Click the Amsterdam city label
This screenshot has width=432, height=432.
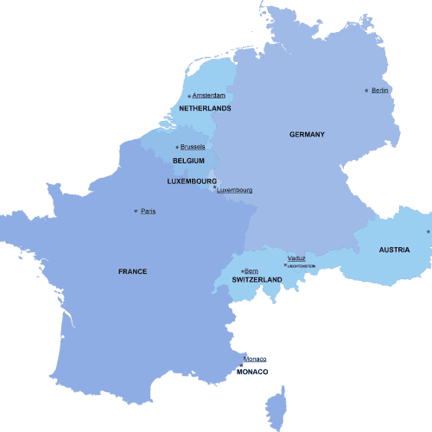208,95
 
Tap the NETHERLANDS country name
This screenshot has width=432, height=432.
205,108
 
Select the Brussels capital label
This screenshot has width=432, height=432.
193,147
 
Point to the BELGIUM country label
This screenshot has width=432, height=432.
188,161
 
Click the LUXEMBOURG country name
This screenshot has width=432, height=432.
191,181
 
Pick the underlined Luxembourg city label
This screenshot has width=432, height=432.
234,189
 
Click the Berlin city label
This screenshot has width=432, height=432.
380,90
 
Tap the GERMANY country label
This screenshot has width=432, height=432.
307,134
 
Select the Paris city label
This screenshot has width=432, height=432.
149,211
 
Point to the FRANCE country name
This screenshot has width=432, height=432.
132,271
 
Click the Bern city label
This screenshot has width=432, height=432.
251,270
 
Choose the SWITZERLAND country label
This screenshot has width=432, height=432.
257,281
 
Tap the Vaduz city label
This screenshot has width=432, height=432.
296,258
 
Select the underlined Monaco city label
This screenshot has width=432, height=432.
255,359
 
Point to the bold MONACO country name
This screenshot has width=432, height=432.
252,372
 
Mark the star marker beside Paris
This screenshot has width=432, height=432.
136,211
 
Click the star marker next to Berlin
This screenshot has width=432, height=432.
366,90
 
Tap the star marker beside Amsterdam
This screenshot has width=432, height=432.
188,95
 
